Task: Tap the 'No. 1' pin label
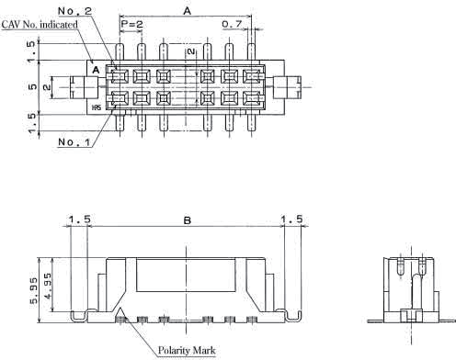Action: click(73, 142)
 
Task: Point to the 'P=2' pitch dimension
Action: click(131, 24)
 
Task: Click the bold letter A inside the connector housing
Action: click(95, 69)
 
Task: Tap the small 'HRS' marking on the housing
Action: click(96, 107)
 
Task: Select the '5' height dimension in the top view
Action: click(33, 87)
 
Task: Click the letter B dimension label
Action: click(188, 219)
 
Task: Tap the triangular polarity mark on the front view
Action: click(120, 315)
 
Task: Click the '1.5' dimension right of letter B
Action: click(292, 219)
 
